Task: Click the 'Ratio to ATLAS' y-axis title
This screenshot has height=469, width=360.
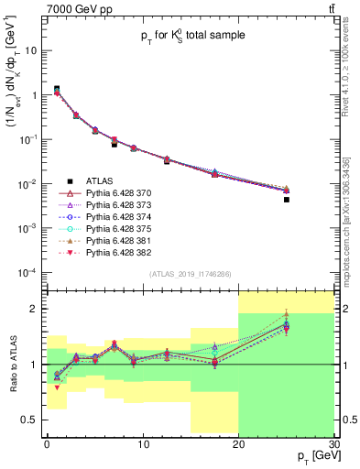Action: pyautogui.click(x=12, y=364)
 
